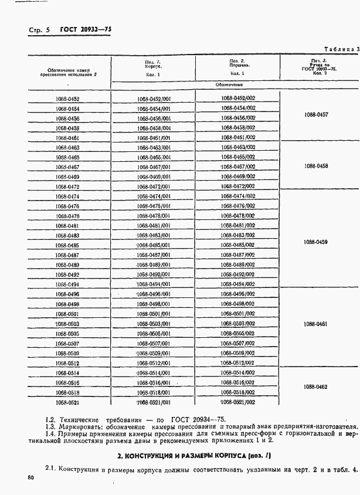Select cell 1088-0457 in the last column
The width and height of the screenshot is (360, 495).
point(316,115)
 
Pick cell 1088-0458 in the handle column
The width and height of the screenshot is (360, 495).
point(316,166)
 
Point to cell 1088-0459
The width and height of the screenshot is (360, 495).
point(316,242)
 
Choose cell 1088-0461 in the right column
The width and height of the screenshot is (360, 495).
point(316,324)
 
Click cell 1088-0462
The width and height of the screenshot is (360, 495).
point(316,386)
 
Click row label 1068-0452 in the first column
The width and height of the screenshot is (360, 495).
point(68,100)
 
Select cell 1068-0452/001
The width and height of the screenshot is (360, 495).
point(153,100)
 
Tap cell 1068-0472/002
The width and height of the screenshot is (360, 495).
point(239,186)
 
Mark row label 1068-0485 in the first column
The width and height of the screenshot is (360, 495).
point(68,245)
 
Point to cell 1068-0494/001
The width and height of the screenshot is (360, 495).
point(153,284)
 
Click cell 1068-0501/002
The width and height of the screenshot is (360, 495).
point(239,314)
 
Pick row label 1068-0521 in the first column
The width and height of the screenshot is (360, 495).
point(68,402)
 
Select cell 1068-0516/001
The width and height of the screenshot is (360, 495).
point(153,382)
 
